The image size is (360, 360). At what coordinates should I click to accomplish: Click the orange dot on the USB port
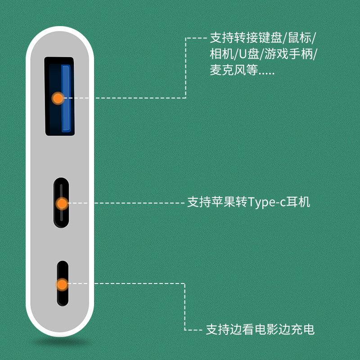58,98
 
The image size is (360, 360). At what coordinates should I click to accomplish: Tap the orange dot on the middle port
62,203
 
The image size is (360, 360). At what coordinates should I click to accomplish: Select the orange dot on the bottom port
62,284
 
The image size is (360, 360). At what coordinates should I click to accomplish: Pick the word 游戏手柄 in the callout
289,54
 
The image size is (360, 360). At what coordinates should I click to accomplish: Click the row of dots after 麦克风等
266,73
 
